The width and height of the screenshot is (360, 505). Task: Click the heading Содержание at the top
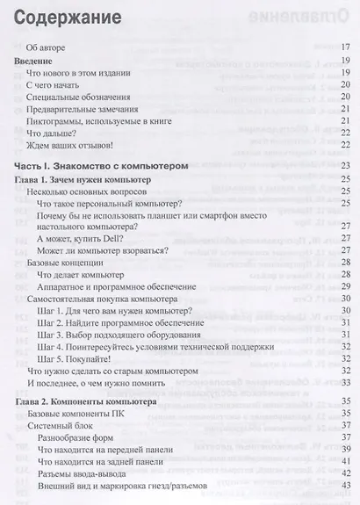click(57, 17)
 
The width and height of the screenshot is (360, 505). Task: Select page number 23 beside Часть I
click(345, 166)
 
